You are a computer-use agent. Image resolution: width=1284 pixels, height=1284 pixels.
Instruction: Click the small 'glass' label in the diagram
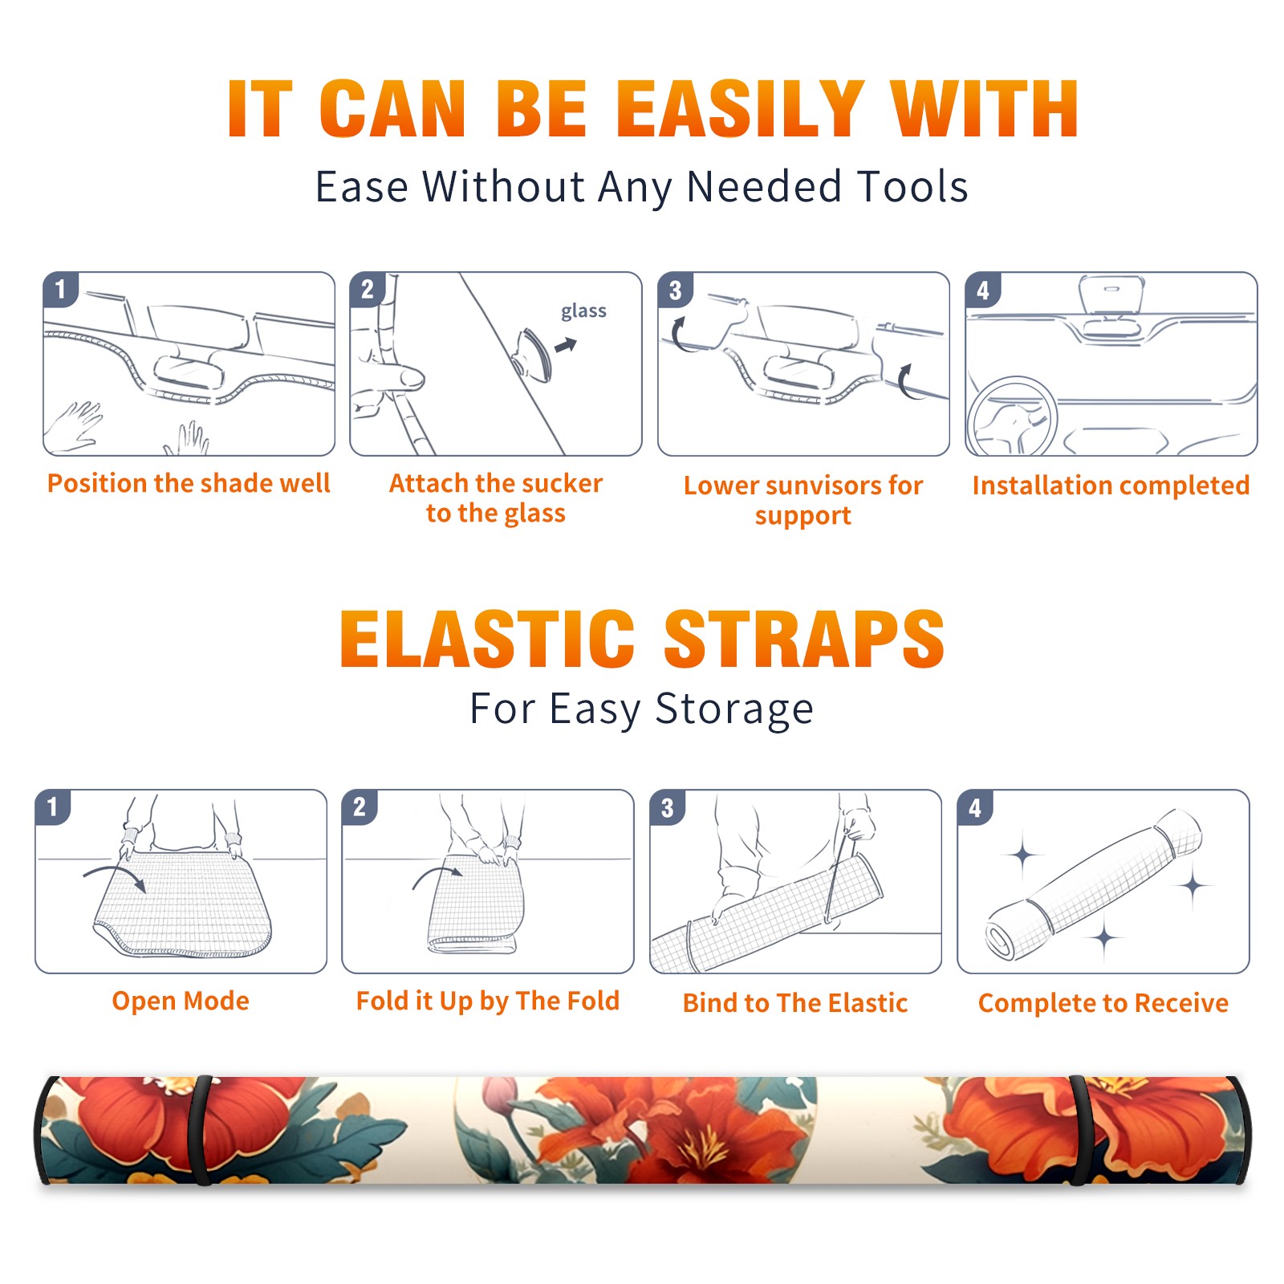point(583,311)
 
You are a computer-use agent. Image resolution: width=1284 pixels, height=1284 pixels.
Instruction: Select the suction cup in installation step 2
point(532,354)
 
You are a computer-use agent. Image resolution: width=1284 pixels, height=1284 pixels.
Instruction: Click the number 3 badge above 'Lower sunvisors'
point(675,290)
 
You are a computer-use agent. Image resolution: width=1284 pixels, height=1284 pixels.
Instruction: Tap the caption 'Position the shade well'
point(189,483)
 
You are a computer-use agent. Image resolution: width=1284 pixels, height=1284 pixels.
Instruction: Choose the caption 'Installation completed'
point(1111,486)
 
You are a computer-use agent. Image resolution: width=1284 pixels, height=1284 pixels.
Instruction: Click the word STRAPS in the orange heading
point(804,639)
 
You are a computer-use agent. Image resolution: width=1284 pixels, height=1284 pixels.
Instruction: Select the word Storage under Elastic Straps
point(734,709)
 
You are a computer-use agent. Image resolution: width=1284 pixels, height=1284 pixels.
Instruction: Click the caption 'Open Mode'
point(181,1001)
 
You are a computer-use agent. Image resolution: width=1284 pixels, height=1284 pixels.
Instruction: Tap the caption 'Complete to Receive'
point(1103,1003)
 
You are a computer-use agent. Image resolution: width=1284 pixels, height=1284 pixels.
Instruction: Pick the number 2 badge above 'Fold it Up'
point(359,807)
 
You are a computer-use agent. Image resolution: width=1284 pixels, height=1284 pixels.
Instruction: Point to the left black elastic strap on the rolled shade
point(200,1131)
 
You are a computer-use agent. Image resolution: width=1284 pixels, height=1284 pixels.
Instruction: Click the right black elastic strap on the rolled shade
point(1078,1131)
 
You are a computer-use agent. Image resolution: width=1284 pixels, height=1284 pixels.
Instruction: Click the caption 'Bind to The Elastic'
point(795,1003)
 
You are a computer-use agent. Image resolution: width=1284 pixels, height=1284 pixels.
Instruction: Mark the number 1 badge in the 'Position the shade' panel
point(60,289)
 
